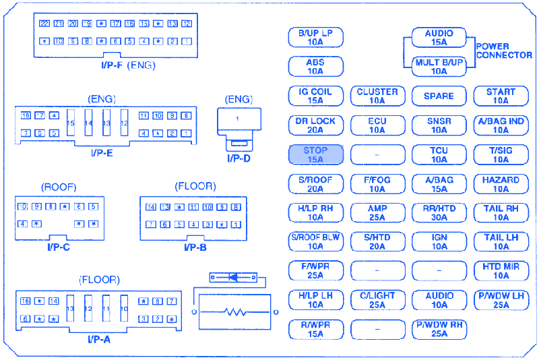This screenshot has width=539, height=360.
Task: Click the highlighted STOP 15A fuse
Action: (315, 155)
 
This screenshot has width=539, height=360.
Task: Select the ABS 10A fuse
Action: (315, 66)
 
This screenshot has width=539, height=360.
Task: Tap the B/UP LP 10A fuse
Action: (315, 37)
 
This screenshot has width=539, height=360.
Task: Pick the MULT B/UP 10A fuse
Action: (439, 66)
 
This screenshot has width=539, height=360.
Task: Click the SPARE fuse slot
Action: (439, 96)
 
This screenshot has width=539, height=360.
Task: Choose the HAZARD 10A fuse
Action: (501, 184)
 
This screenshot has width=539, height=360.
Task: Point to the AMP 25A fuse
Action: (377, 213)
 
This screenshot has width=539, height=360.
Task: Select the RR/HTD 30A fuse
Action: (439, 213)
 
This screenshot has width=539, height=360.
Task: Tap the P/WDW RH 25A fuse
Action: (439, 329)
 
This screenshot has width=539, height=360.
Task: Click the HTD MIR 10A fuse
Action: (501, 271)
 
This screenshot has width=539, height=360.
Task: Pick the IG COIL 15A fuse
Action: (315, 96)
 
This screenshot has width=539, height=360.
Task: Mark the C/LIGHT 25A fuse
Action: (377, 300)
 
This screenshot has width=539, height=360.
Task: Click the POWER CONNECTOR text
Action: (504, 51)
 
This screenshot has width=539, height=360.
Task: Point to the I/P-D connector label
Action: (238, 158)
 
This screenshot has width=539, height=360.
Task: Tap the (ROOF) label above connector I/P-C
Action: (59, 187)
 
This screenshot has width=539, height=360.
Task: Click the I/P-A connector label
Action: (98, 338)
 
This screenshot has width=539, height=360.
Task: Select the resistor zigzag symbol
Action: (234, 312)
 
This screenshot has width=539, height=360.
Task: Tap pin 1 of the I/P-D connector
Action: (237, 119)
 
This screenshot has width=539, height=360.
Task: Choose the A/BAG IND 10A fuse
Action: (501, 126)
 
